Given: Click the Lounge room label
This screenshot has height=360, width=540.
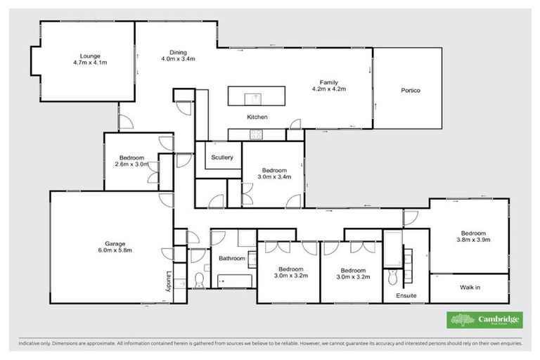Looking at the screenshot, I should [89, 56].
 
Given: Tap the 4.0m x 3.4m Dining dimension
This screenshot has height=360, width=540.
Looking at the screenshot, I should [177, 59].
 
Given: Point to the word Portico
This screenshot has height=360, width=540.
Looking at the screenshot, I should [410, 91].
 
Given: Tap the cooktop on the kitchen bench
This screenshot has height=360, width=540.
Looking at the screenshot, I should [257, 134].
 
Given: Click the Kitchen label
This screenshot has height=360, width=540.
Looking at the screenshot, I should [256, 117].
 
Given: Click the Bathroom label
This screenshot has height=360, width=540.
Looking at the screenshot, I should [231, 258].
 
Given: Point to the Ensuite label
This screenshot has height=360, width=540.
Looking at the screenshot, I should [405, 296].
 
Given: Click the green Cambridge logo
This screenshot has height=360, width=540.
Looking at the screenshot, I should [485, 320].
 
